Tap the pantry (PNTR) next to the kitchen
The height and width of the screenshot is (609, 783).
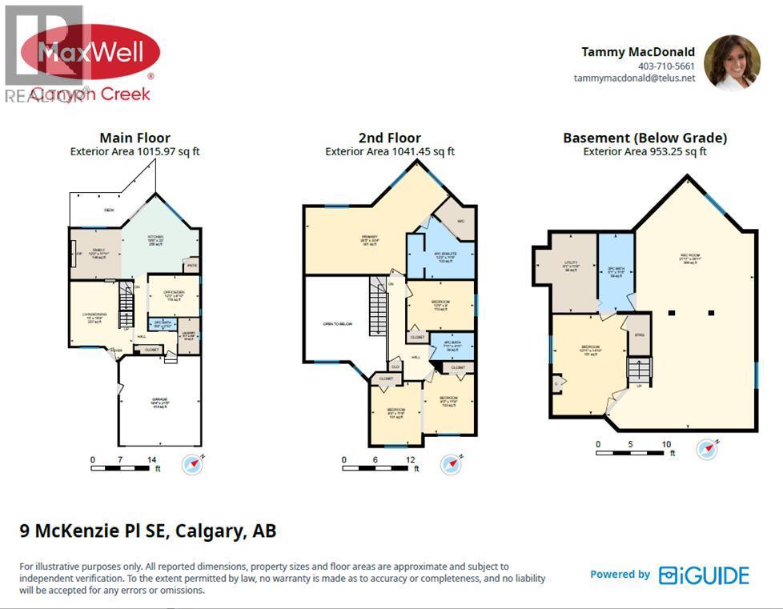coord(191,264)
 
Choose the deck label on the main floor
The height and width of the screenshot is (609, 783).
coord(109,210)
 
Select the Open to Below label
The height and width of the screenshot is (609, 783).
coord(338,324)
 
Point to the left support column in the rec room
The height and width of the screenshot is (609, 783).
coord(673,311)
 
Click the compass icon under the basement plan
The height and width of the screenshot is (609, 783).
coord(706,449)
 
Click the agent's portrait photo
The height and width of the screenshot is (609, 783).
coord(731,62)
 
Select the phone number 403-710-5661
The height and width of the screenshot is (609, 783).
coord(665,66)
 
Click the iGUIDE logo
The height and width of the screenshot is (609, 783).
coord(704,575)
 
